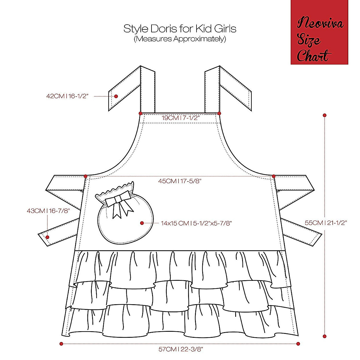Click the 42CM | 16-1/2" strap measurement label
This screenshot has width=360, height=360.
click(x=67, y=96)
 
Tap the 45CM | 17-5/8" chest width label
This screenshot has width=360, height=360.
click(x=180, y=181)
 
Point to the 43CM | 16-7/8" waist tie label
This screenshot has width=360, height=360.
click(x=48, y=211)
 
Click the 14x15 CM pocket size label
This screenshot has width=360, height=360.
click(x=196, y=223)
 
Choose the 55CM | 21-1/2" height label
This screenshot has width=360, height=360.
click(x=326, y=223)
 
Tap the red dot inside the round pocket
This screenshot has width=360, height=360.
click(x=142, y=223)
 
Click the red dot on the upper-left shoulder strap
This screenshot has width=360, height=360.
click(x=116, y=96)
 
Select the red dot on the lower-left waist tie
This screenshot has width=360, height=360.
click(x=47, y=237)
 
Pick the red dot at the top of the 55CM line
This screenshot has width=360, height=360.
click(x=324, y=115)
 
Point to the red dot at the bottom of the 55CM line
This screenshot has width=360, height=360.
click(x=324, y=336)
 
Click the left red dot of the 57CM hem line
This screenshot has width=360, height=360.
click(x=61, y=344)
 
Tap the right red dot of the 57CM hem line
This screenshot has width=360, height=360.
click(x=298, y=344)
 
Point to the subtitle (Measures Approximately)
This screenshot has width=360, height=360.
click(x=180, y=39)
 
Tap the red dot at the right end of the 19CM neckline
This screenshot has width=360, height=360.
click(x=219, y=113)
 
